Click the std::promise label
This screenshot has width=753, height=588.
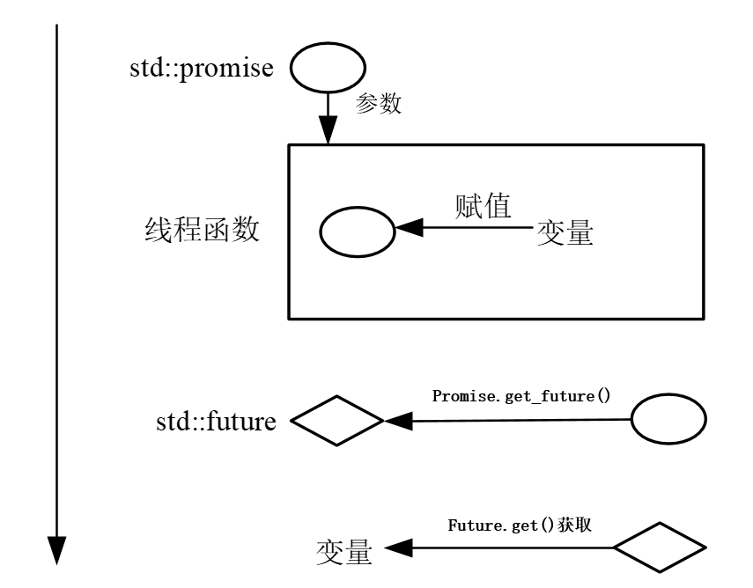201,68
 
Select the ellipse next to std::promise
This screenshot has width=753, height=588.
328,68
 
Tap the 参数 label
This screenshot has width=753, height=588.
378,104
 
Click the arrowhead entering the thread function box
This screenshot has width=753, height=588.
328,133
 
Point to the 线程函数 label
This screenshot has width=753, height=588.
201,230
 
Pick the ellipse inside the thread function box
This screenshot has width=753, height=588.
356,232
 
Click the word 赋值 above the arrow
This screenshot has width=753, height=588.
484,206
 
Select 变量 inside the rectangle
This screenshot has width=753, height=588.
565,233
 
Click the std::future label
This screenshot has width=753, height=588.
216,422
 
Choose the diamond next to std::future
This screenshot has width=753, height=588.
337,422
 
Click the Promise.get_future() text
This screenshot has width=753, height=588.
521,395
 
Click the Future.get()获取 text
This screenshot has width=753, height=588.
519,525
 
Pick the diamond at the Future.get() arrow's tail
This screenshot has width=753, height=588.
660,548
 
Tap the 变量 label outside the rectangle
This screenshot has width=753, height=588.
344,551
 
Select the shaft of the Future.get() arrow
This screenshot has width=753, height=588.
511,548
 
